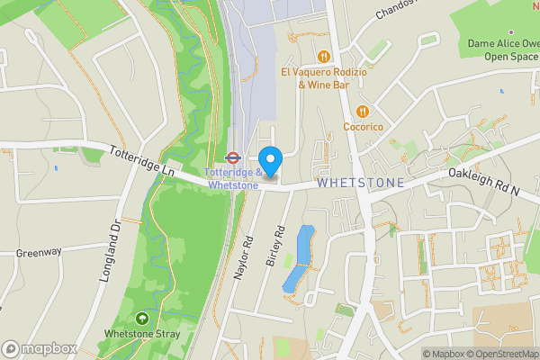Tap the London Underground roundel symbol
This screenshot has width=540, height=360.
pos(231,156)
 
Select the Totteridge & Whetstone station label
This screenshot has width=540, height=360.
pos(233,178)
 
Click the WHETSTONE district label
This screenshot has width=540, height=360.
pos(360,183)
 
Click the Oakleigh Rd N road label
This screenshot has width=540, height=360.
pos(485,180)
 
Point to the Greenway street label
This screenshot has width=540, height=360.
pos(38,252)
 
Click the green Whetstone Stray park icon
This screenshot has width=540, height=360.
pos(142,318)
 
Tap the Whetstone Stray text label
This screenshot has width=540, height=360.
pos(142,334)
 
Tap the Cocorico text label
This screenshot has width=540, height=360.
pos(363,127)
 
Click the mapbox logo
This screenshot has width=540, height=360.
pos(40,348)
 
